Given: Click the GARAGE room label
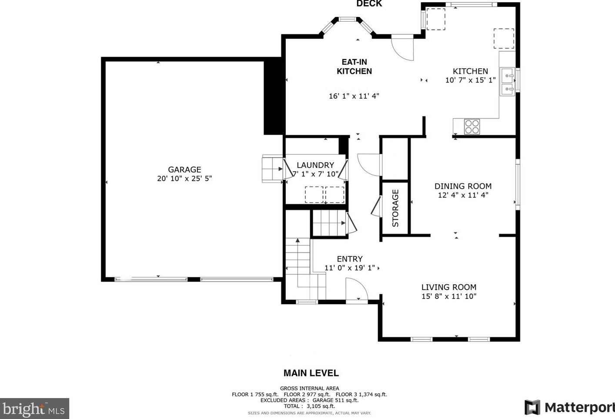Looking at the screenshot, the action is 184,170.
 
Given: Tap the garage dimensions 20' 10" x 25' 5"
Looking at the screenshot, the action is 184,178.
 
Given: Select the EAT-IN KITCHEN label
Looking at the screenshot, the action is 354,67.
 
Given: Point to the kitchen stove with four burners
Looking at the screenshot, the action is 472,126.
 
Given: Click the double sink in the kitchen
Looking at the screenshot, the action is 507,82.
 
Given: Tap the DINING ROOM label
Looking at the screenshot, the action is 463,186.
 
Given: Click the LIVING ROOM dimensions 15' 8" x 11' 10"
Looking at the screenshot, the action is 449,296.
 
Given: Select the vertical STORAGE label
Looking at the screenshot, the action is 395,208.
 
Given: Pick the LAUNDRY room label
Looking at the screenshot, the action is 315,165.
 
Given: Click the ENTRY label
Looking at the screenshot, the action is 350,259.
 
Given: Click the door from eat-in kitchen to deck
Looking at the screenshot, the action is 402,47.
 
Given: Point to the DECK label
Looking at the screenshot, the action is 369,3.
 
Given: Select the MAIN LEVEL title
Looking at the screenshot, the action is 311,373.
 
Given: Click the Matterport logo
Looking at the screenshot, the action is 569,407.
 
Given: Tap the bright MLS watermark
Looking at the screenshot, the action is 34,409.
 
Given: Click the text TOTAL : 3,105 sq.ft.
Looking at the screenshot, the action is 309,406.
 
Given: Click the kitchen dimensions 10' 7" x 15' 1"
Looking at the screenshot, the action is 470,80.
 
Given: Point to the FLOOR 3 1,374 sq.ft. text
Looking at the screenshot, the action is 361,395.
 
